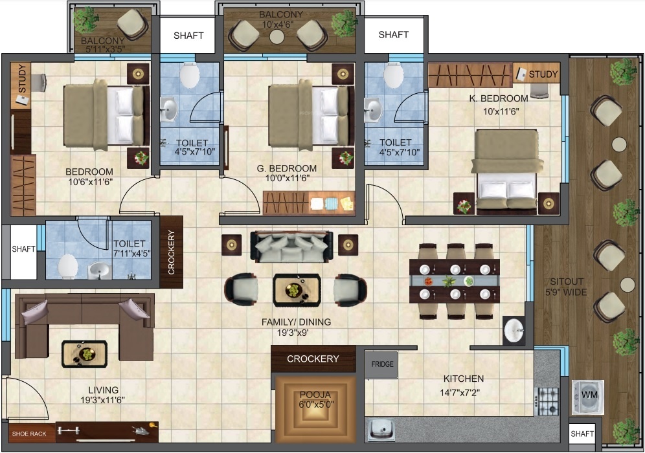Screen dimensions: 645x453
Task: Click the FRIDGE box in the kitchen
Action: coord(381,364)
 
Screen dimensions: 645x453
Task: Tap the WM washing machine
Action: coord(588,397)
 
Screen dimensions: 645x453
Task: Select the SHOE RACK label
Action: coord(29,434)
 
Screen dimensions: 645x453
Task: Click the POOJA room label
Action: coord(315,395)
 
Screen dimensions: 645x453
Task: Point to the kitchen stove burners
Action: coord(548,401)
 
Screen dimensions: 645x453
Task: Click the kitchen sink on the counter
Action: coord(381,430)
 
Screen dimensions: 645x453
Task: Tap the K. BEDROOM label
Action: coord(499,98)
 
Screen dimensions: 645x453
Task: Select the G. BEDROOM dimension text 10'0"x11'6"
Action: coord(288,179)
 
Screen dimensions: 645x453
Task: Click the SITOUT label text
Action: coord(567,282)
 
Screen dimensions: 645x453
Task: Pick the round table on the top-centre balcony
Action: coord(277,37)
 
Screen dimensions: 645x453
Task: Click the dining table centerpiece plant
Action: coord(449,282)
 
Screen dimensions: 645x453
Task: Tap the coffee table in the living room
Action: coord(84,354)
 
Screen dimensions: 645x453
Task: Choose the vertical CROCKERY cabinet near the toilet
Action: coord(171,252)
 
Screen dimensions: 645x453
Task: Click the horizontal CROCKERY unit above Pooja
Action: coord(313,359)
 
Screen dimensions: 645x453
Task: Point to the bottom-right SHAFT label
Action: coord(582,434)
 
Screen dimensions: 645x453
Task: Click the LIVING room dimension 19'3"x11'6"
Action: coord(102,400)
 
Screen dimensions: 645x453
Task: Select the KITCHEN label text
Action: coord(464,379)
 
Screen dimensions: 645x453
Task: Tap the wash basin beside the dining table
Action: coord(514,330)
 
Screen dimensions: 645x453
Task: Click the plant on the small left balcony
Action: coord(86,19)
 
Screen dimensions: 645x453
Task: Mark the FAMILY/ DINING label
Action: coord(296,322)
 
